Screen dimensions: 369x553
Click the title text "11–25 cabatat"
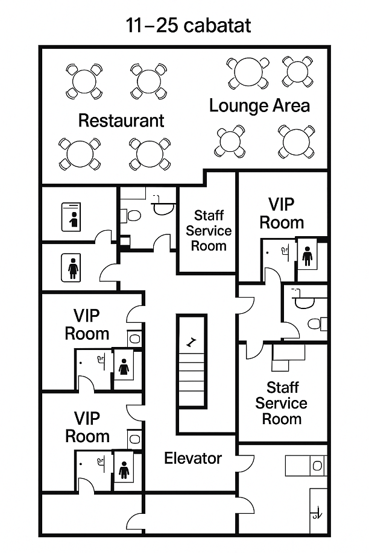[x=188, y=25]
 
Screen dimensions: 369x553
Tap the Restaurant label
[x=121, y=120]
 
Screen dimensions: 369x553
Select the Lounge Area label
[x=259, y=106]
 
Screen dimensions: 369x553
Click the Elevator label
[x=193, y=458]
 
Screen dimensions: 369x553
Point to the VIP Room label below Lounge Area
[x=282, y=213]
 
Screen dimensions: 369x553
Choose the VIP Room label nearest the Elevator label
[x=87, y=428]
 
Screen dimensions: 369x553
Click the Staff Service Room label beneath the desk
[x=282, y=403]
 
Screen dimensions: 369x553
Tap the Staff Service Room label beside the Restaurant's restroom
[x=209, y=230]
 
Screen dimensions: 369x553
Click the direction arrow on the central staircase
[x=191, y=342]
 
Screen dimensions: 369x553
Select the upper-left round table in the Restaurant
[x=84, y=81]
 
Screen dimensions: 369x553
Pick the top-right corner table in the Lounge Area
[x=297, y=72]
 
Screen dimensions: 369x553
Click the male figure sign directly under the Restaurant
[x=74, y=219]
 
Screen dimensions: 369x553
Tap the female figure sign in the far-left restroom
[x=73, y=269]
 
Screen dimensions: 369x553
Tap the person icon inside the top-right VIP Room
[x=307, y=255]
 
